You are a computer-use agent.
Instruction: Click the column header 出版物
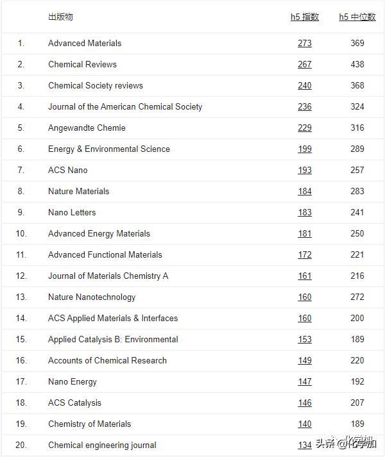pyautogui.click(x=60, y=17)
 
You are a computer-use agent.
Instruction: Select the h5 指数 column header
pyautogui.click(x=304, y=17)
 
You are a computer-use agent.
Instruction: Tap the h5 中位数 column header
pyautogui.click(x=357, y=17)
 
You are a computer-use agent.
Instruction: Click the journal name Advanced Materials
pyautogui.click(x=85, y=43)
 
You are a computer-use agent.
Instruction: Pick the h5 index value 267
pyautogui.click(x=304, y=64)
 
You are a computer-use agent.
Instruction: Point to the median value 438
pyautogui.click(x=357, y=64)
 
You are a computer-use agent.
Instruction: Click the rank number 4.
pyautogui.click(x=21, y=106)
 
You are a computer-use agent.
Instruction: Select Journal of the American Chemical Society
pyautogui.click(x=125, y=106)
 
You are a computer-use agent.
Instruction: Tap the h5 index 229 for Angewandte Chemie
pyautogui.click(x=304, y=128)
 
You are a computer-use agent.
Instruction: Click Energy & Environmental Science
pyautogui.click(x=109, y=149)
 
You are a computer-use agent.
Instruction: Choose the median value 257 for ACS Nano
pyautogui.click(x=357, y=170)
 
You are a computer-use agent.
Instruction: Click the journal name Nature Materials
pyautogui.click(x=78, y=191)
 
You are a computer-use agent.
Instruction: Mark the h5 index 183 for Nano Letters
pyautogui.click(x=304, y=212)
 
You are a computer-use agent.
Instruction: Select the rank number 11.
pyautogui.click(x=21, y=254)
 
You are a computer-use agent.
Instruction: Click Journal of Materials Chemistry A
pyautogui.click(x=108, y=276)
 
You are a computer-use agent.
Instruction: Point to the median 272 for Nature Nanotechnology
pyautogui.click(x=357, y=297)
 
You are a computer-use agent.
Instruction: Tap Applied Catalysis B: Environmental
pyautogui.click(x=113, y=339)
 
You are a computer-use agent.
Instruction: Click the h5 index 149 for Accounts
pyautogui.click(x=304, y=360)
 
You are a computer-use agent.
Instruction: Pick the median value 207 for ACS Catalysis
pyautogui.click(x=357, y=403)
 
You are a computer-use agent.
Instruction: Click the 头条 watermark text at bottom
pyautogui.click(x=326, y=444)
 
